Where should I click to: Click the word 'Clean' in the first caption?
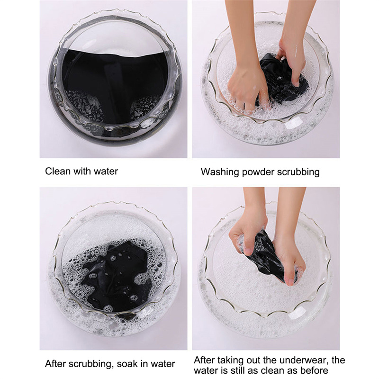(x=58, y=171)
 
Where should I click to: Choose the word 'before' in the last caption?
(x=314, y=370)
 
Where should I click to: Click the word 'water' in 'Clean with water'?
(x=106, y=171)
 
